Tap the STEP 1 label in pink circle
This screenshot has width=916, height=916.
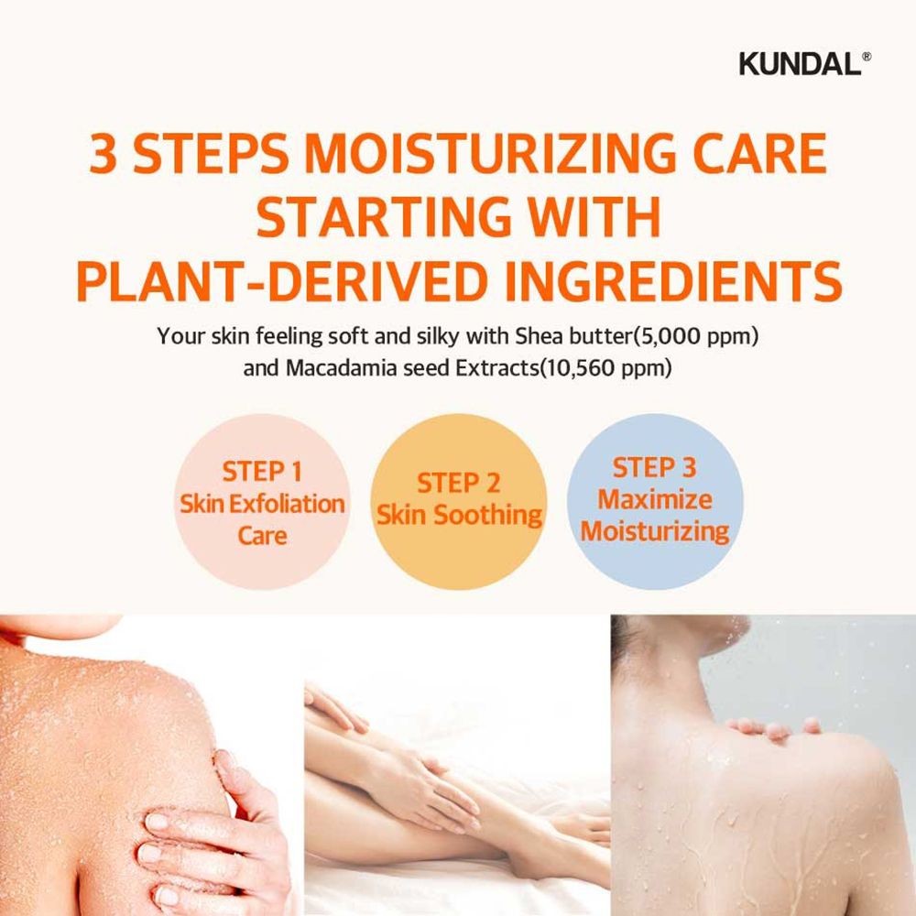(x=262, y=473)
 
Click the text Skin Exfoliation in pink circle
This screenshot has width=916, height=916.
(x=262, y=504)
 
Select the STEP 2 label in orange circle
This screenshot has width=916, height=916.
(x=458, y=483)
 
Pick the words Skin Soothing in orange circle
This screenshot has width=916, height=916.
(x=459, y=515)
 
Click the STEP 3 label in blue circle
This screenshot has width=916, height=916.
(x=654, y=468)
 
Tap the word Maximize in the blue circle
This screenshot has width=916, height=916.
(x=654, y=500)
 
